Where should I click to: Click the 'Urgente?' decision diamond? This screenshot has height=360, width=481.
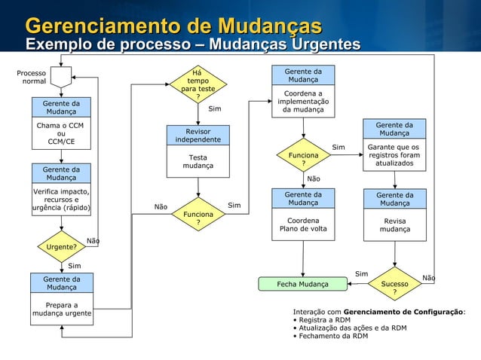click(x=62, y=246)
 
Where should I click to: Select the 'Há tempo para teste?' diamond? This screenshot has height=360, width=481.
click(x=198, y=84)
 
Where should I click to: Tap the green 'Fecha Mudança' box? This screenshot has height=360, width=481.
click(x=302, y=284)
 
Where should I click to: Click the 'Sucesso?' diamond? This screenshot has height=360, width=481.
click(x=395, y=284)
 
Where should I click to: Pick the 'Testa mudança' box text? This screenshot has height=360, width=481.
click(x=198, y=162)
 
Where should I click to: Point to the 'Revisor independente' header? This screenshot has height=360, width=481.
click(x=198, y=136)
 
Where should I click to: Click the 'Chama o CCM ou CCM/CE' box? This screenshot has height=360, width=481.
click(x=61, y=133)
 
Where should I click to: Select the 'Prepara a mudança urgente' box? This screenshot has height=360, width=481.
click(x=62, y=309)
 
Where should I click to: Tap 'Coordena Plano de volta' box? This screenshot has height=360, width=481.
click(x=303, y=224)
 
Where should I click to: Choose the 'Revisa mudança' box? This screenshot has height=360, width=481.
click(x=394, y=224)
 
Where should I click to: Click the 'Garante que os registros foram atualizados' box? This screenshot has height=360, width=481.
click(x=394, y=154)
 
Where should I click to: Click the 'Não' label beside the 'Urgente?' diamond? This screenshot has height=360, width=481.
click(x=93, y=241)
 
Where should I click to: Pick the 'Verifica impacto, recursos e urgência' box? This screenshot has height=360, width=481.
click(x=62, y=200)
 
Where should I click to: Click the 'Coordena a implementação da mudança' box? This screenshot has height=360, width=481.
click(x=303, y=102)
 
